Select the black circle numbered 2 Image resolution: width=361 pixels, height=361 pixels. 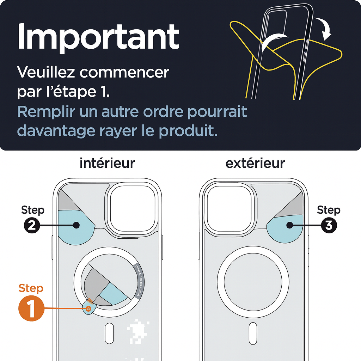pyautogui.click(x=32, y=225)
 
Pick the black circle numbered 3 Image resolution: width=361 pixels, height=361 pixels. pyautogui.click(x=329, y=225)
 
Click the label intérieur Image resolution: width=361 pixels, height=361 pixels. pyautogui.click(x=107, y=163)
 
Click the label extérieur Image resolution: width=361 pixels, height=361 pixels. pyautogui.click(x=255, y=163)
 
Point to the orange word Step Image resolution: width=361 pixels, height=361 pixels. pyautogui.click(x=31, y=288)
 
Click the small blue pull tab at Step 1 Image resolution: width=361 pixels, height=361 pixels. pyautogui.click(x=88, y=308)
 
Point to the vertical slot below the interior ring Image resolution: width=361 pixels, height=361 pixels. pyautogui.click(x=110, y=334)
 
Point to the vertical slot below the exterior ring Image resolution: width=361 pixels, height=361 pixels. pyautogui.click(x=252, y=334)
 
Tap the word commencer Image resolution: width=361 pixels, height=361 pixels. pyautogui.click(x=124, y=72)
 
